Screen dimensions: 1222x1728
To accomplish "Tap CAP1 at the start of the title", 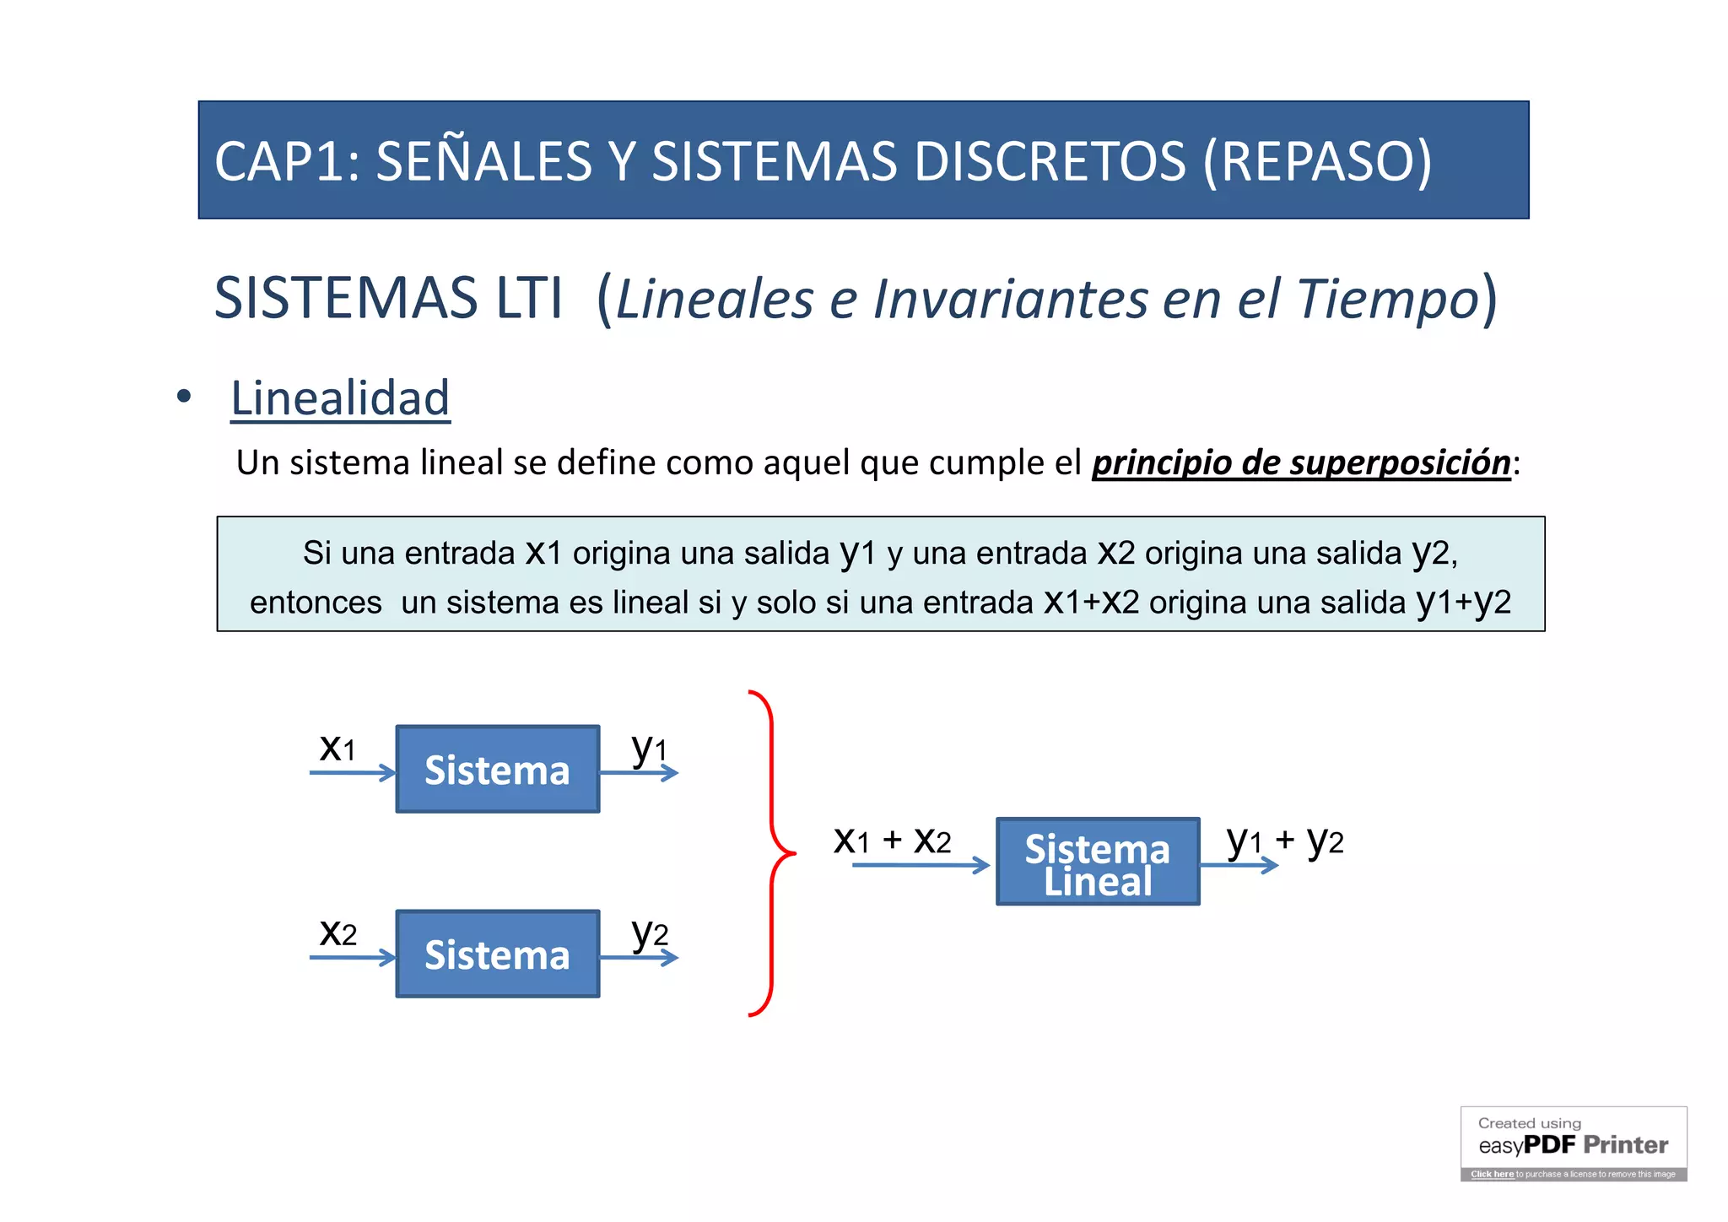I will click(278, 161).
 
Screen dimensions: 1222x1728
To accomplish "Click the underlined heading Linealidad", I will click(340, 398).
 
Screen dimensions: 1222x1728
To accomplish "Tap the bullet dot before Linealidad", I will click(184, 397).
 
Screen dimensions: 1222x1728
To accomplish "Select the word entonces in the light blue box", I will click(316, 603).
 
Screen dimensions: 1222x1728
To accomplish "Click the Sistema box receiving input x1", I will click(498, 769).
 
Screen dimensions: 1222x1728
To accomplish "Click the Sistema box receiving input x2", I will click(498, 954).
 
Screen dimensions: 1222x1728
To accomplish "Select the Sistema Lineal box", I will click(1097, 862).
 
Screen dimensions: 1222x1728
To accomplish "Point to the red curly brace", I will click(772, 853).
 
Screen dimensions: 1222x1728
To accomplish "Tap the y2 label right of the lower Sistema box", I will click(650, 933).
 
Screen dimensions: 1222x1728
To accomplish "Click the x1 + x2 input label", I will click(892, 841).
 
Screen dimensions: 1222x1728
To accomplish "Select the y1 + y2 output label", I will click(1284, 841).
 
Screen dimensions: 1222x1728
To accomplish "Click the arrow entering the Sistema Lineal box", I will click(920, 865).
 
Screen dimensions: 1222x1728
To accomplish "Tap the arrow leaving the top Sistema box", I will click(639, 773).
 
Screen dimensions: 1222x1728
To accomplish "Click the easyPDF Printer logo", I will click(1573, 1144).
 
